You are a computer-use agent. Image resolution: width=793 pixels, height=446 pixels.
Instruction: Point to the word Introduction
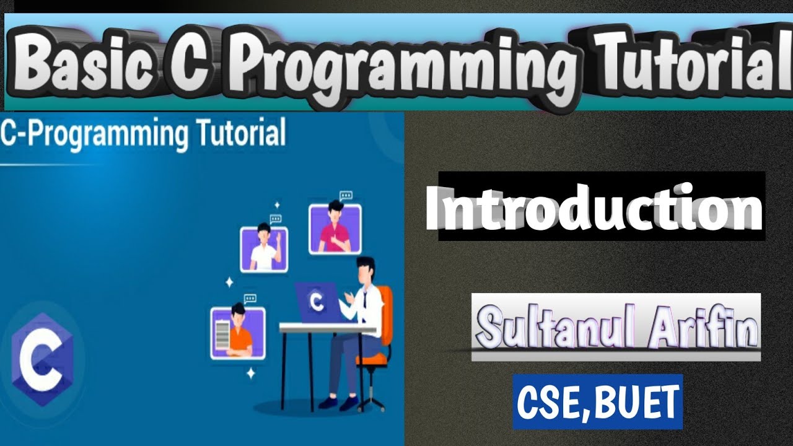[x=594, y=207]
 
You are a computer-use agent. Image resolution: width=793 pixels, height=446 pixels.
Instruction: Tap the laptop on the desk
[x=317, y=302]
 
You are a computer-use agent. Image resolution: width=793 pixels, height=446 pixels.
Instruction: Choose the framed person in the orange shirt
[x=238, y=333]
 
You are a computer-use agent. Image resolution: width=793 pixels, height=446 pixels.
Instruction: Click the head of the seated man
[x=366, y=269]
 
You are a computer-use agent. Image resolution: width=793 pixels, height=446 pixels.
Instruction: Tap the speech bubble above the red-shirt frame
[x=346, y=196]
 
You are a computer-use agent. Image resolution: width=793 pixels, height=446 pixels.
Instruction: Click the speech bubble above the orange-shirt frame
[x=250, y=299]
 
